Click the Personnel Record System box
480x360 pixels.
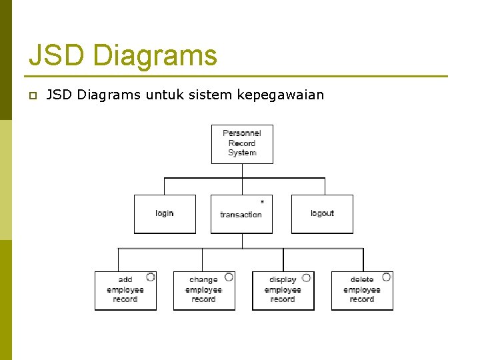click(x=242, y=144)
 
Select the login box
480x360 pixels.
click(x=165, y=214)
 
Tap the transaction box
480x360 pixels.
click(x=241, y=214)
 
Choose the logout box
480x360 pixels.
click(x=322, y=214)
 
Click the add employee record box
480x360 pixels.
click(x=125, y=291)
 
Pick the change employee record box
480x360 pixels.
click(x=204, y=291)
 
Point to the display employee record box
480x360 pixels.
click(x=283, y=291)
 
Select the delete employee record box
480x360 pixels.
click(x=362, y=291)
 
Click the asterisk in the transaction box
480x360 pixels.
click(x=262, y=202)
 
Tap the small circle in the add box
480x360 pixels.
click(x=151, y=277)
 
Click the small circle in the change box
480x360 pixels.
click(x=229, y=277)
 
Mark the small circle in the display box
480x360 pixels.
click(x=307, y=277)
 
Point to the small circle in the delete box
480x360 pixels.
click(x=386, y=277)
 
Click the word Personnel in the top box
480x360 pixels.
click(x=242, y=133)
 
